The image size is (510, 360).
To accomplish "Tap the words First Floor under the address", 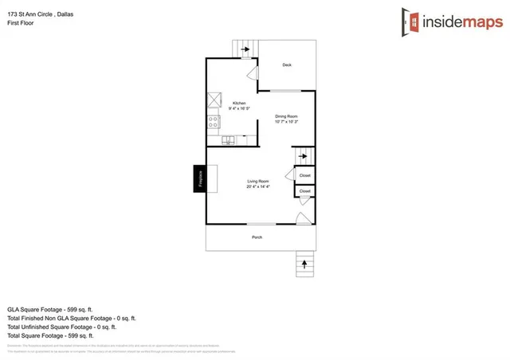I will click(x=21, y=24).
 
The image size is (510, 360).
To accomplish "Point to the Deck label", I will click(x=286, y=65).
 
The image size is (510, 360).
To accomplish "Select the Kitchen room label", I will click(x=238, y=104).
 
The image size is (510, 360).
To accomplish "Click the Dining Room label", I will click(x=286, y=116).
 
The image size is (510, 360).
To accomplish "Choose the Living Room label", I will click(x=258, y=182).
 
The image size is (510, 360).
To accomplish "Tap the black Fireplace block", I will click(x=198, y=178).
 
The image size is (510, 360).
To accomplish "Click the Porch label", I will click(x=257, y=237).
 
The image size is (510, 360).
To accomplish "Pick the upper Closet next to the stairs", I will click(x=304, y=174).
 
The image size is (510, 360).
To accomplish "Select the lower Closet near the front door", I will click(x=304, y=191).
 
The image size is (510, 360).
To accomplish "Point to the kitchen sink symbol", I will click(x=229, y=140).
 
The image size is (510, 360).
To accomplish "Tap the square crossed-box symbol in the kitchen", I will click(x=214, y=100).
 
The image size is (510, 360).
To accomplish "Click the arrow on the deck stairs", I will click(x=245, y=50).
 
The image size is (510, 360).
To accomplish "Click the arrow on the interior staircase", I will click(x=303, y=157).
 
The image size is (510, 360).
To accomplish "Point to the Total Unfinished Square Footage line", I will click(x=62, y=327).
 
